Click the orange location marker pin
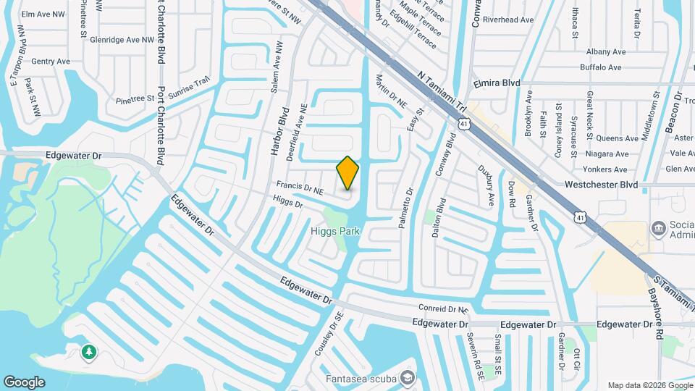tap(347, 172)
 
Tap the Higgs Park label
tap(335, 232)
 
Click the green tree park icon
tap(88, 352)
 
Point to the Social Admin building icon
tap(658, 229)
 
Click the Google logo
tap(24, 382)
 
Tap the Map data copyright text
tap(650, 385)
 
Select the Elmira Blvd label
tap(497, 84)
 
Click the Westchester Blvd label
tap(602, 185)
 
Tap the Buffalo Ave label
tap(601, 67)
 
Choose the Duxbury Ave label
tap(489, 185)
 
